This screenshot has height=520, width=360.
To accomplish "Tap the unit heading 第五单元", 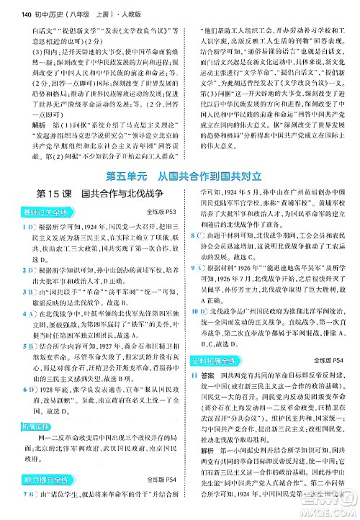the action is coord(111,174).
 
